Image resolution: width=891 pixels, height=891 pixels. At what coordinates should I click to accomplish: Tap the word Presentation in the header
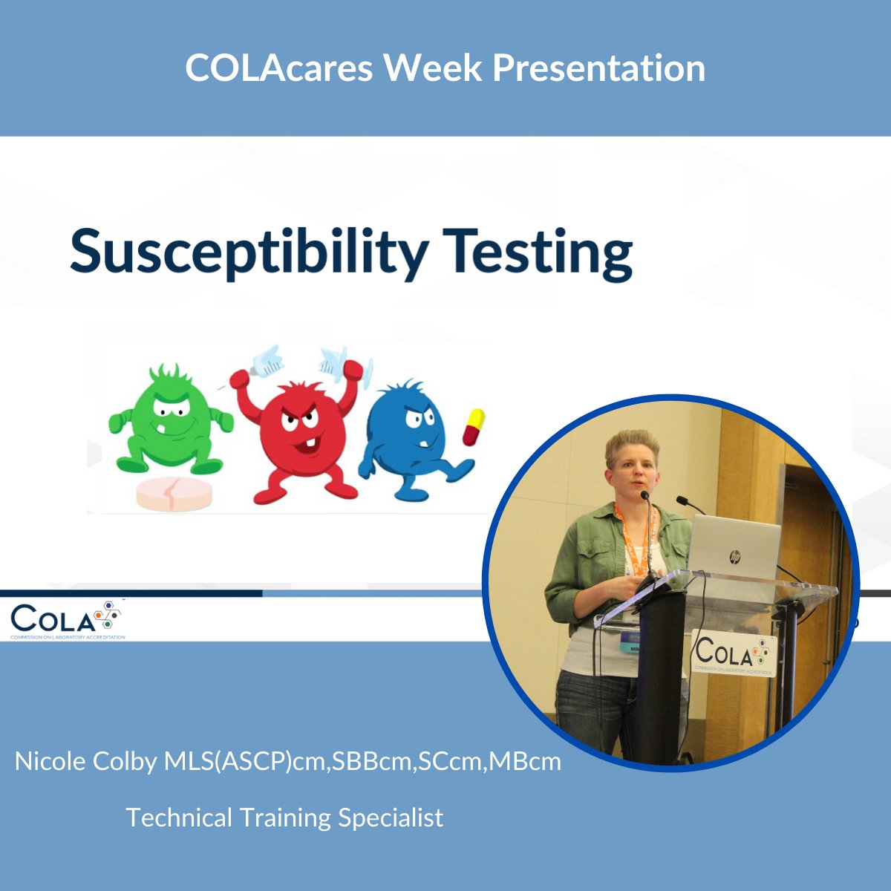pos(598,68)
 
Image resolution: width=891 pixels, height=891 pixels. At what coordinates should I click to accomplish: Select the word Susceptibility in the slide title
pos(249,252)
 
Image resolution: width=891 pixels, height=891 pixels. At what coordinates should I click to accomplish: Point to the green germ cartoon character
pos(171,420)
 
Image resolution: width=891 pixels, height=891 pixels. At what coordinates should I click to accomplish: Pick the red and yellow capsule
pos(473,426)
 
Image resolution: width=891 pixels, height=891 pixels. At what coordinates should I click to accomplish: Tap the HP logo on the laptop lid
pos(735,556)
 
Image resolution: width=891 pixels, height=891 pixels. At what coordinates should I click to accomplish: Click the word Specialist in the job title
pos(391,817)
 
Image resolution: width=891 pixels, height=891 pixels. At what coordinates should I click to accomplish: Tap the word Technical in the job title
pos(179,817)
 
